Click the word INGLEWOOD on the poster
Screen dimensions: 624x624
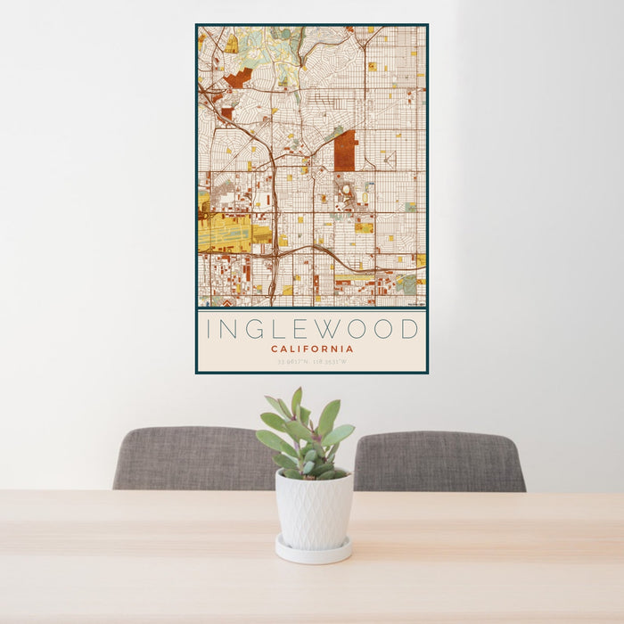pos(312,329)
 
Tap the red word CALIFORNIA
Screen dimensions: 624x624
pos(312,349)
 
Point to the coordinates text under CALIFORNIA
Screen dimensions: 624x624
pos(312,362)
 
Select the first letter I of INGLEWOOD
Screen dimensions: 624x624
pos(209,329)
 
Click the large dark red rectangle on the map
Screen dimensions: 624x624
pos(345,151)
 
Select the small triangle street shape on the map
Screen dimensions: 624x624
pos(389,160)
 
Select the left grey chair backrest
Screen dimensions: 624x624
pos(187,458)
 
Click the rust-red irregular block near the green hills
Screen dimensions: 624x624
pos(237,78)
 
